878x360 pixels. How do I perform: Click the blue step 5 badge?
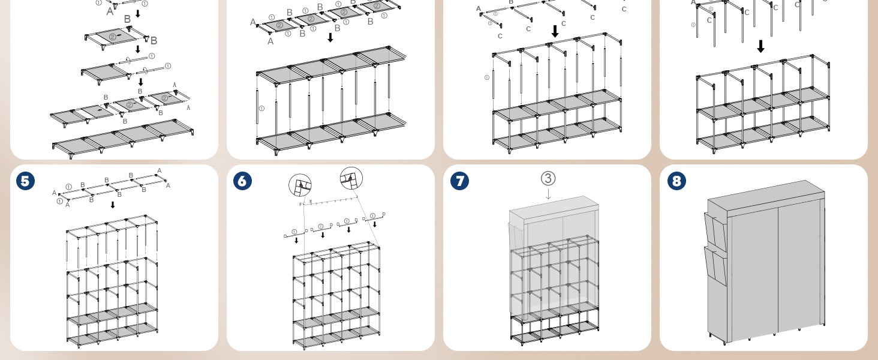click(25, 181)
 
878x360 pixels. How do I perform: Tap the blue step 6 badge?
click(242, 181)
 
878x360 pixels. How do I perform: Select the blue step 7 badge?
click(459, 181)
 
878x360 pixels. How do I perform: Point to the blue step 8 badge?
click(676, 181)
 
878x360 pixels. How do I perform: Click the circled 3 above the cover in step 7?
click(548, 178)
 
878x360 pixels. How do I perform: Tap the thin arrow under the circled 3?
click(548, 194)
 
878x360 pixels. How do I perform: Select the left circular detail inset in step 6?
click(300, 185)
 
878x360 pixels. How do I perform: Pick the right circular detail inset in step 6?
click(351, 178)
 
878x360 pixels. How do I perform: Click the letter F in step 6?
click(300, 205)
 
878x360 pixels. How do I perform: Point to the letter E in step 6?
click(310, 201)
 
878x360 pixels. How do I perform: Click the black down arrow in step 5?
click(113, 205)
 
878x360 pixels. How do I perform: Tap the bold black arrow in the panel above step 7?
click(555, 31)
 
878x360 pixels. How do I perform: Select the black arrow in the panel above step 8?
click(760, 46)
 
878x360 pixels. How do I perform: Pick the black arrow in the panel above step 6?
click(330, 37)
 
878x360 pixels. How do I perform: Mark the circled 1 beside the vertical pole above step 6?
click(261, 109)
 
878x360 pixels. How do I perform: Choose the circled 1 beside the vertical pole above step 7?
click(486, 77)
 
